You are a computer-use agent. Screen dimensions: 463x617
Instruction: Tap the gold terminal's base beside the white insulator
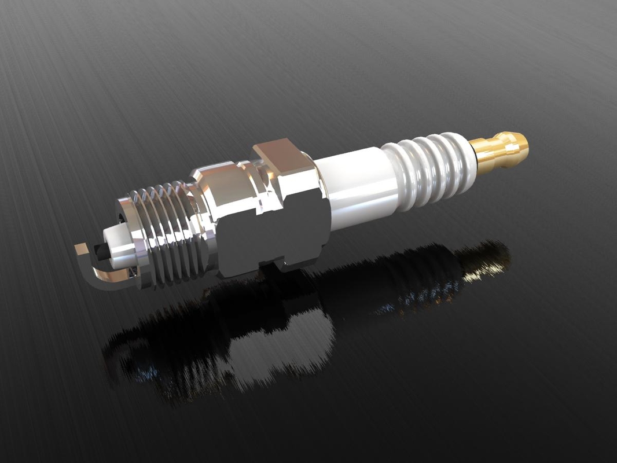pos(482,153)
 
